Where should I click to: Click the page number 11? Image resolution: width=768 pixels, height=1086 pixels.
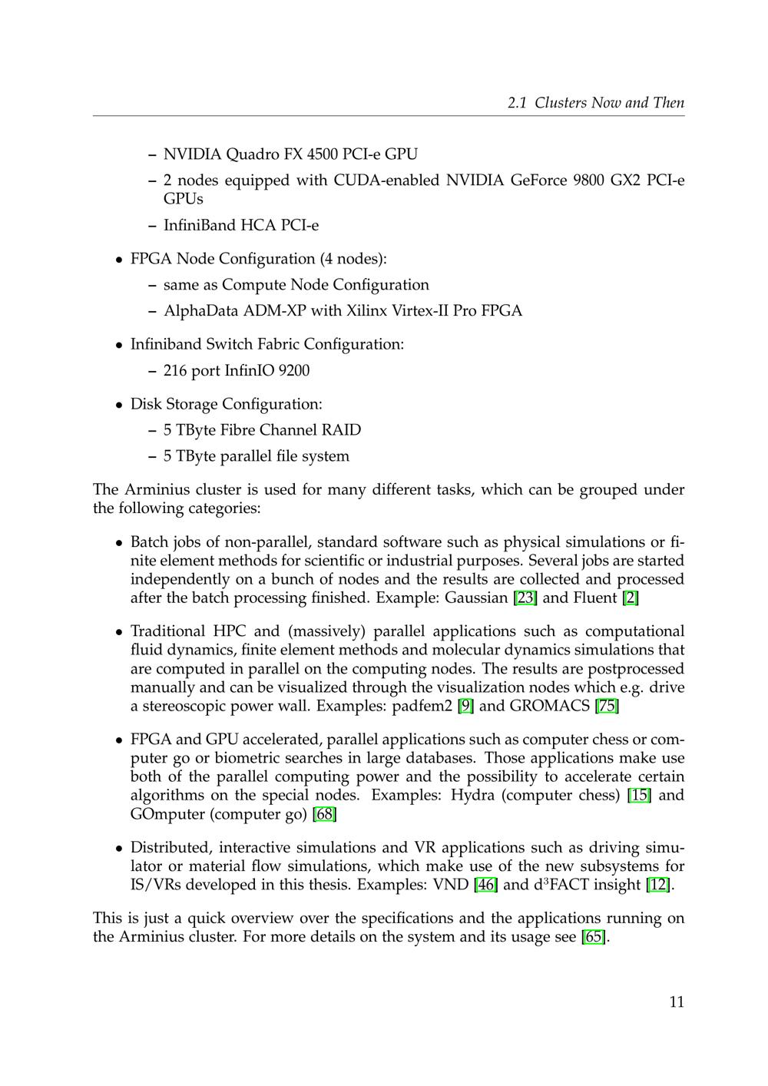click(676, 1002)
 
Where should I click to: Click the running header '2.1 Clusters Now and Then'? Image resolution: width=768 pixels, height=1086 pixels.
click(596, 103)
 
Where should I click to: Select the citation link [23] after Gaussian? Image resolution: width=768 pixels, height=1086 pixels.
click(525, 598)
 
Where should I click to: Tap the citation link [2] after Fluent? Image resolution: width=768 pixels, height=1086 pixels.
click(631, 598)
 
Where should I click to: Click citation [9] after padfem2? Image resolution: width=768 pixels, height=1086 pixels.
click(465, 706)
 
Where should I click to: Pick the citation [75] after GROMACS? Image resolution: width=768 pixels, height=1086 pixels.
click(607, 706)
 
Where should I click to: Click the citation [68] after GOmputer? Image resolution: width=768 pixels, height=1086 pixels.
click(325, 814)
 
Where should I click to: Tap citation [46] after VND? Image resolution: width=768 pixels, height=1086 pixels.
click(486, 885)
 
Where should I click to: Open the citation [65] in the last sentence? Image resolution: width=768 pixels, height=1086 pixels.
click(594, 937)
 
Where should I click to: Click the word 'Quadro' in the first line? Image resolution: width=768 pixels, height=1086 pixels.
click(253, 154)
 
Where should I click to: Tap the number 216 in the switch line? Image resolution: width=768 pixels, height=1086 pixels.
click(175, 371)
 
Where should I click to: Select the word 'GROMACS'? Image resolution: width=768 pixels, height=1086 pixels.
click(549, 706)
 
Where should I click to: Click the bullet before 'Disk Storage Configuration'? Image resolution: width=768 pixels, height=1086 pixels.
click(120, 405)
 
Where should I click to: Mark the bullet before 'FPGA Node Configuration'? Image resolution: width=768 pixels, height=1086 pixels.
click(120, 260)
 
